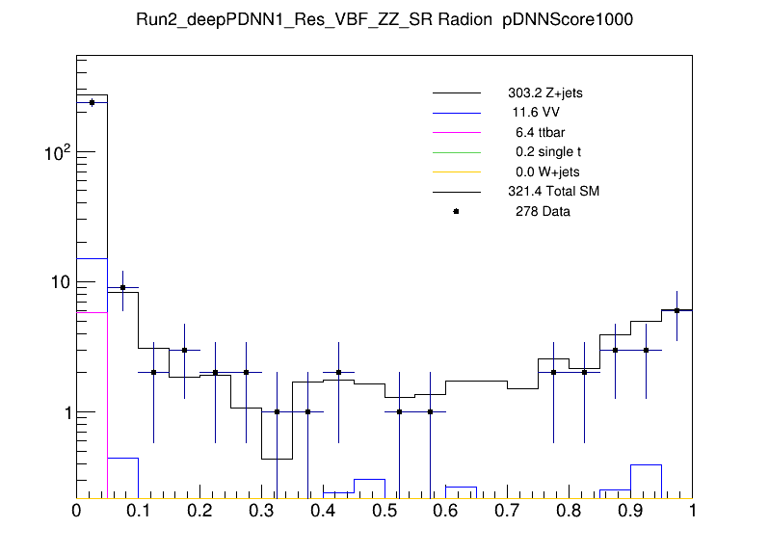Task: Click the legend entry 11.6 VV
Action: (x=536, y=113)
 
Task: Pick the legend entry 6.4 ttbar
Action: (x=538, y=132)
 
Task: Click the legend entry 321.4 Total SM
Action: (x=553, y=192)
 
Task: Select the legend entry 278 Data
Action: (x=543, y=211)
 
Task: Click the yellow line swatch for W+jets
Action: (x=456, y=171)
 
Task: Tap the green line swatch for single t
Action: (x=456, y=152)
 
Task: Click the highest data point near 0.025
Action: (x=92, y=102)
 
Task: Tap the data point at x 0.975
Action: (x=676, y=310)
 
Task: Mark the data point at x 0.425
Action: (x=338, y=372)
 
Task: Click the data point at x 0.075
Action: (x=122, y=288)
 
